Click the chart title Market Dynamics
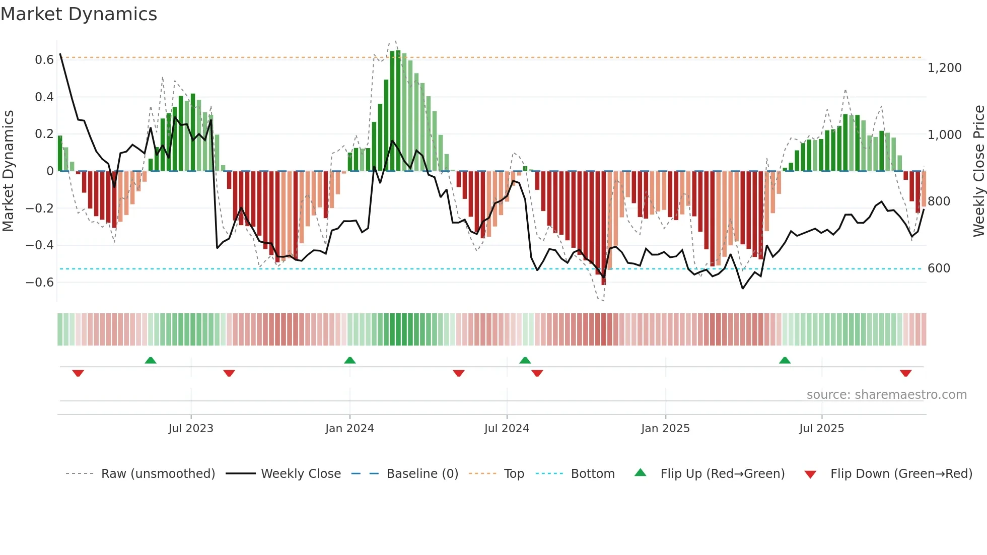click(79, 14)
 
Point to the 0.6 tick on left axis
click(44, 60)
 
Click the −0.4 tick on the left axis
click(40, 245)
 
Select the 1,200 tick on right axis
click(944, 68)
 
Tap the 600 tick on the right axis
click(939, 268)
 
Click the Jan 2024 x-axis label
click(349, 429)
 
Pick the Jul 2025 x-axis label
click(821, 429)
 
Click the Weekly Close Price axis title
click(978, 171)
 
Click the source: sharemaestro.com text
click(886, 395)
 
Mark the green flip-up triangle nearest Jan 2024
click(350, 360)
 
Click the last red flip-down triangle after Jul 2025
click(905, 373)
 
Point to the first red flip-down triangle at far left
click(78, 373)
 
